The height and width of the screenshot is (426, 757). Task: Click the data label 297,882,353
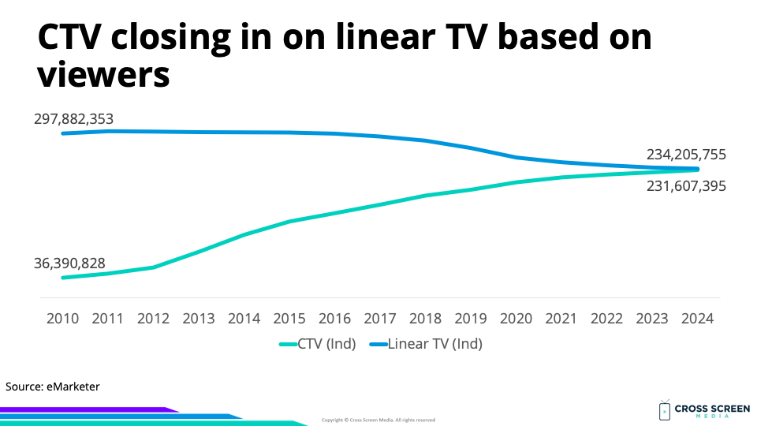click(73, 119)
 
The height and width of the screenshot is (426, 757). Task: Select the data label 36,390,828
click(69, 263)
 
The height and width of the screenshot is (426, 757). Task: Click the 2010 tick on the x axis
click(62, 319)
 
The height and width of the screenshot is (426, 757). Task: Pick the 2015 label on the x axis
click(289, 319)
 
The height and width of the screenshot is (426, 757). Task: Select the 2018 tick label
click(426, 319)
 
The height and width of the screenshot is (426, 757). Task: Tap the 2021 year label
click(561, 319)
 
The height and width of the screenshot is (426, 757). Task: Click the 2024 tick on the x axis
click(698, 319)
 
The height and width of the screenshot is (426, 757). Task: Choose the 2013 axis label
click(199, 319)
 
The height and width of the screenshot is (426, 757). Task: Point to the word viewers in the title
click(104, 75)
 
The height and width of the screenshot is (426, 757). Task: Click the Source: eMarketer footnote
click(53, 387)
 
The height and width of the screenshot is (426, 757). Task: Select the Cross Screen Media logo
click(693, 410)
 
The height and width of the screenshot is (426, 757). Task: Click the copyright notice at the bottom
click(378, 420)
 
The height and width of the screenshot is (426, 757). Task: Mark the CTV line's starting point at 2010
click(62, 278)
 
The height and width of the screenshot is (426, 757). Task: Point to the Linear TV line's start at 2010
click(62, 133)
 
